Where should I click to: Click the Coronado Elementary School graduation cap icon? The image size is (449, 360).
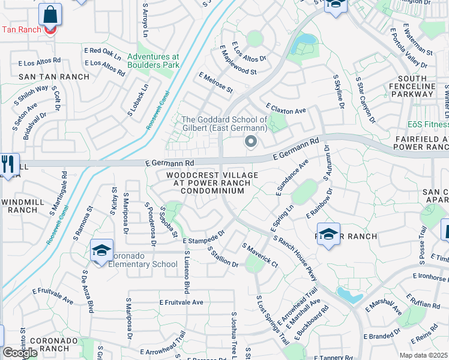tap(102, 250)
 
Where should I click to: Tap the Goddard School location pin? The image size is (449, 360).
tap(250, 142)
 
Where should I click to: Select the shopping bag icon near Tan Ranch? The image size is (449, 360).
tap(50, 15)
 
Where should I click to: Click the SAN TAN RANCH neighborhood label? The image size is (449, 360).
tap(54, 77)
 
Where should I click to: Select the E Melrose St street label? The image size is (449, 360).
tap(215, 82)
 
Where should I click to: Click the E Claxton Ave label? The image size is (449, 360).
tap(288, 110)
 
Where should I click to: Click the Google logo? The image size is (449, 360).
tap(20, 352)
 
